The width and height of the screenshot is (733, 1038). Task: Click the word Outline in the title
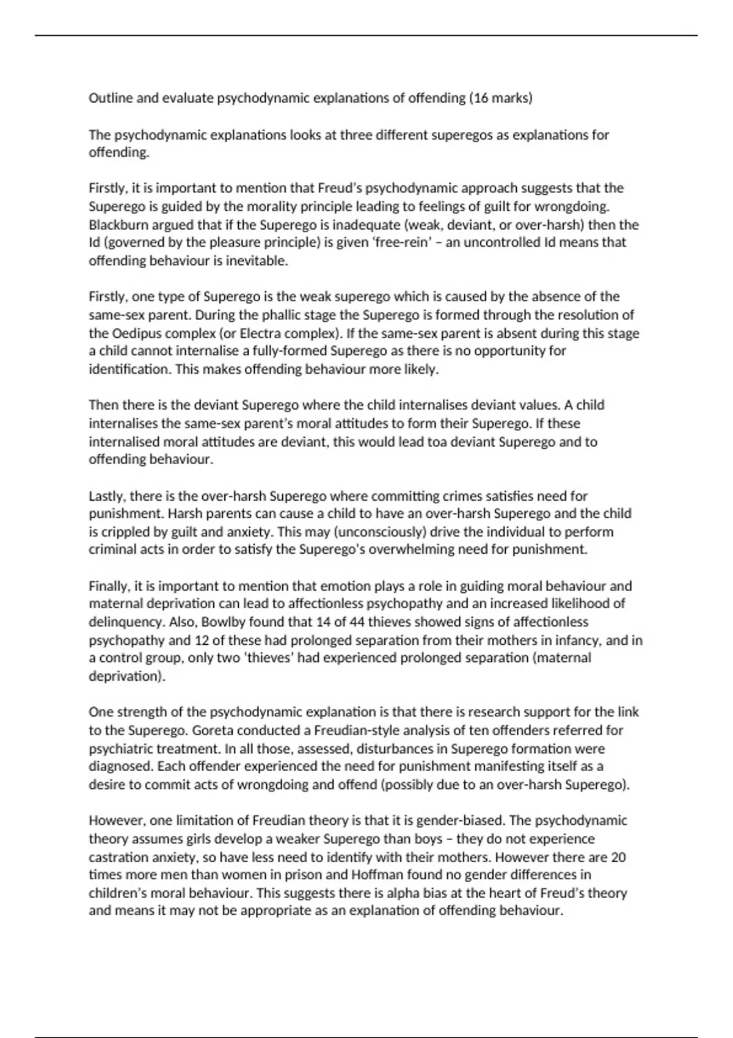(111, 98)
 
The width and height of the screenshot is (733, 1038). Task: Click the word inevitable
(256, 261)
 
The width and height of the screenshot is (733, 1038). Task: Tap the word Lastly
(107, 496)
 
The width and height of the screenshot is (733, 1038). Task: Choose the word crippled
(128, 531)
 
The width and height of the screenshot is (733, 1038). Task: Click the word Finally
(109, 586)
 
